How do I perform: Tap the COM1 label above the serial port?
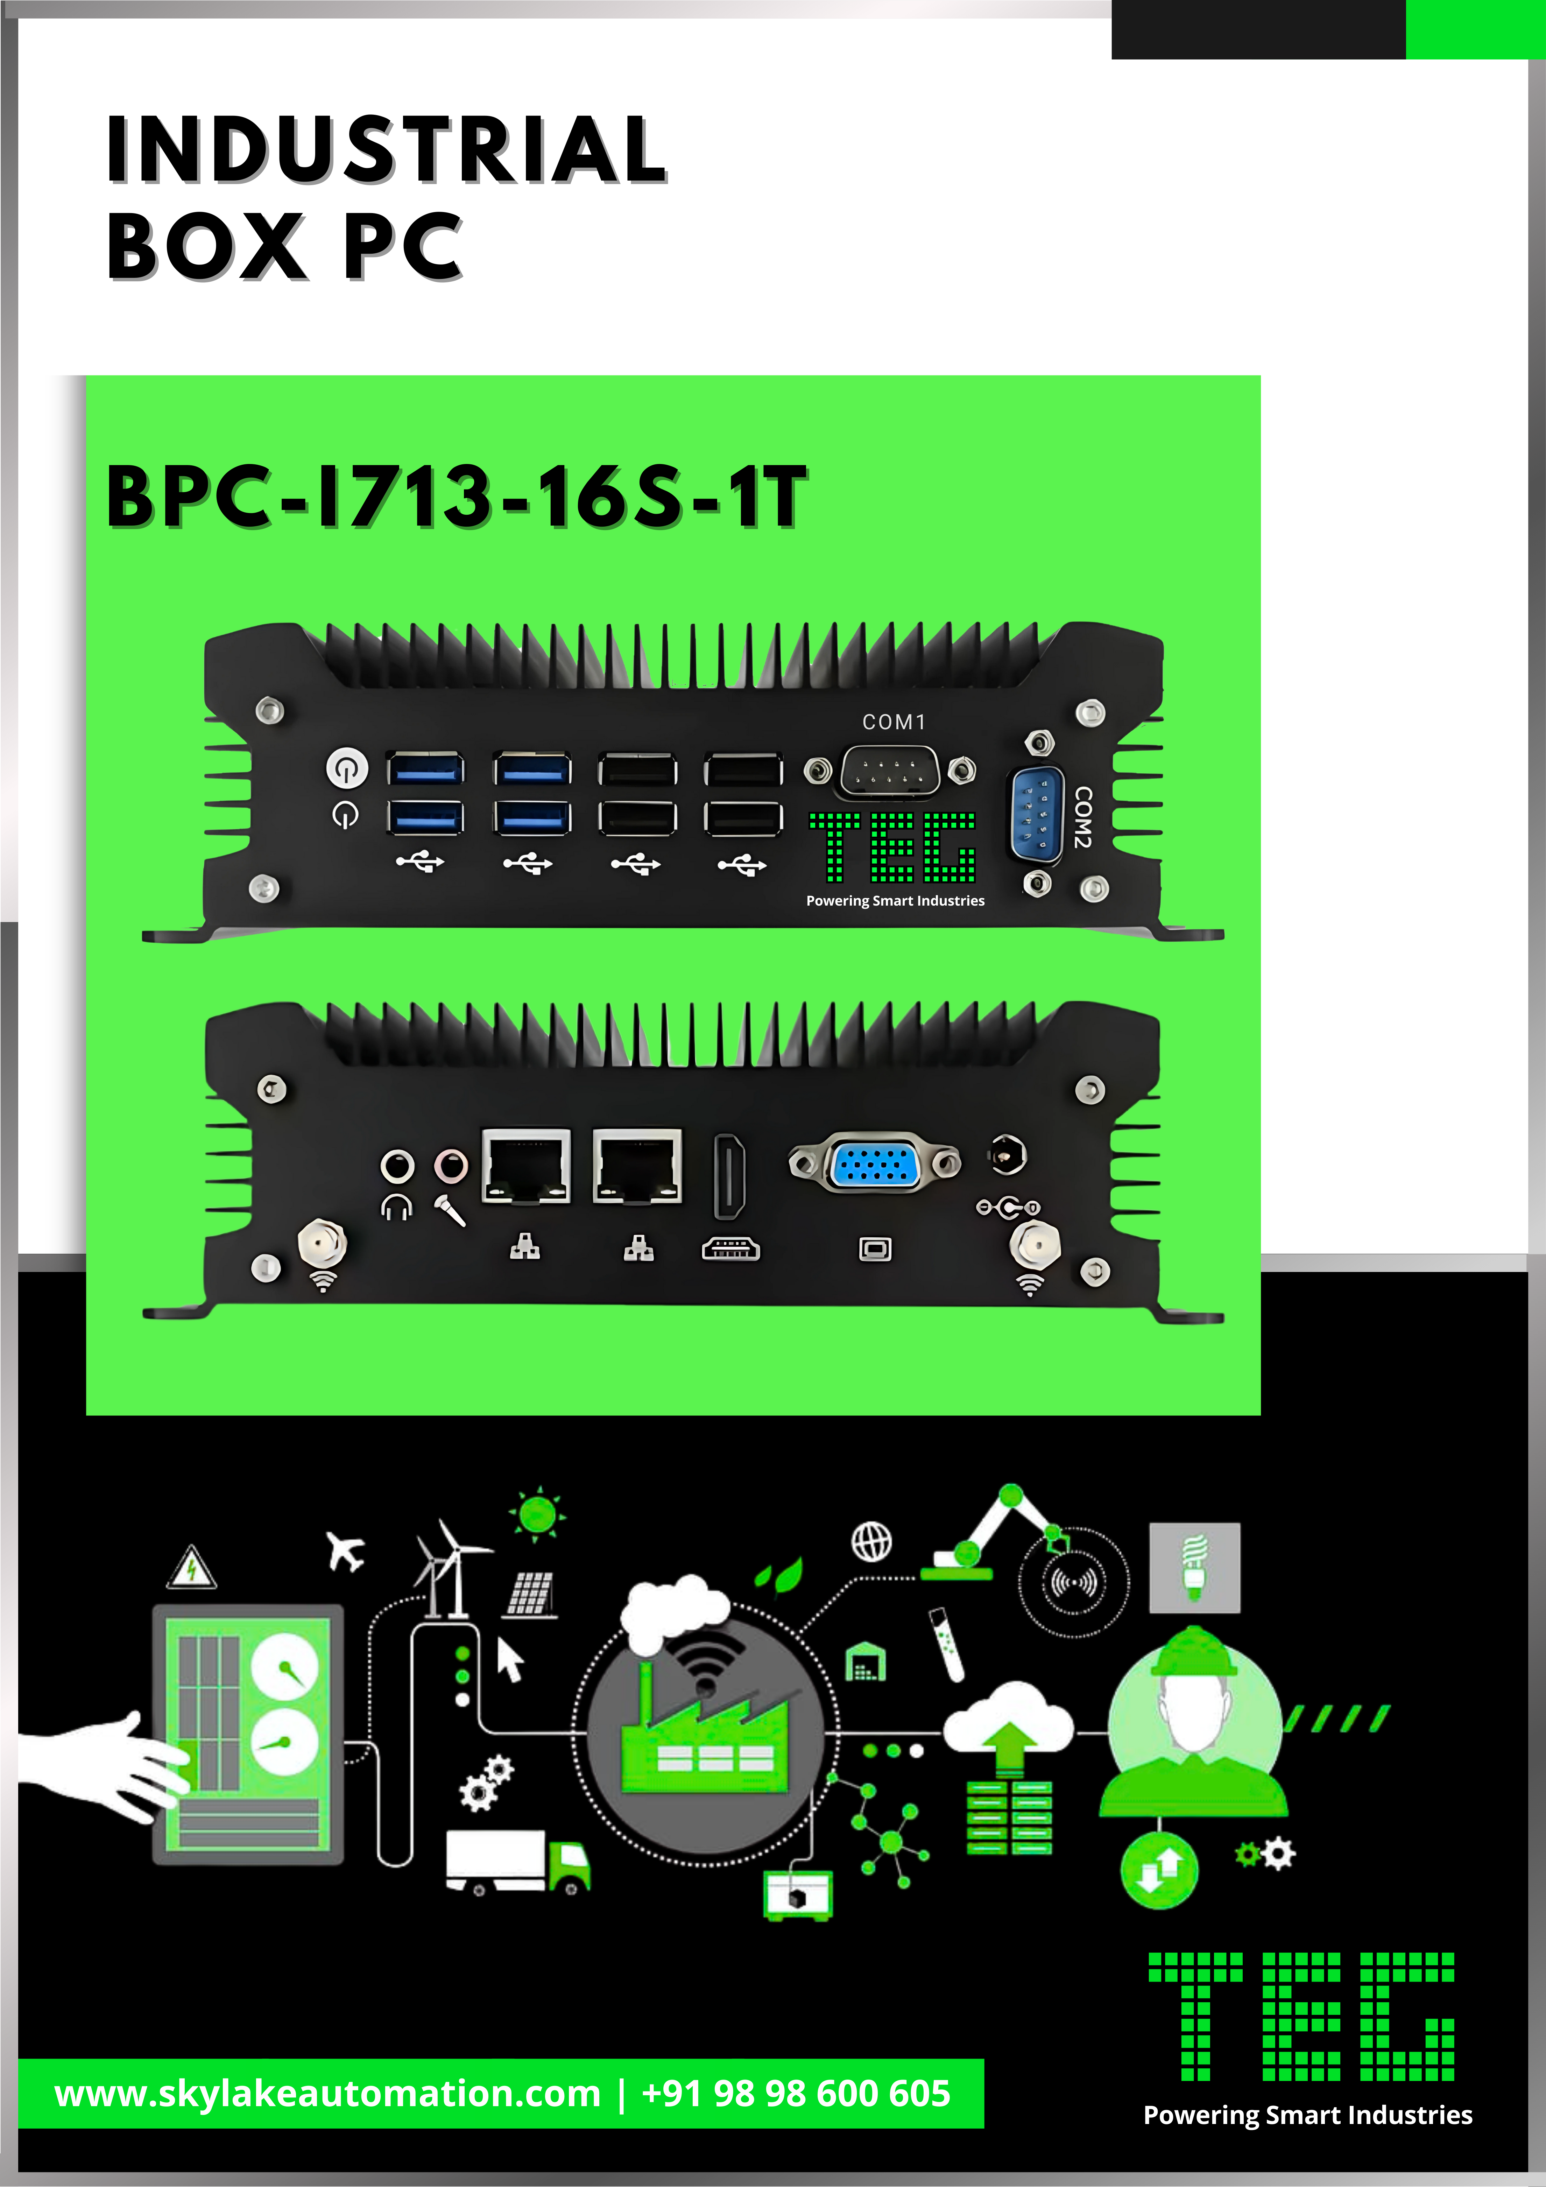coord(894,722)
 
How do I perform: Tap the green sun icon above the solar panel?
coord(537,1513)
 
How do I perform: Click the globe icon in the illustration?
coord(871,1541)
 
